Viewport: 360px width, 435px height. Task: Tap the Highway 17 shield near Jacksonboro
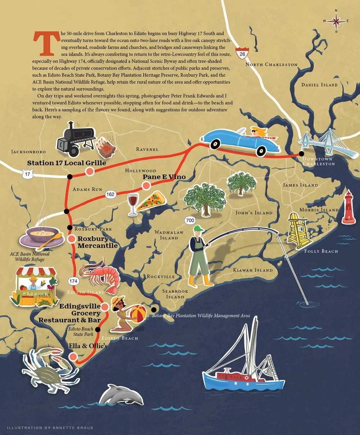(27, 175)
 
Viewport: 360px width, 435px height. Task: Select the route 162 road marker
(111, 195)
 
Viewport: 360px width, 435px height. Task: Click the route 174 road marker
(73, 281)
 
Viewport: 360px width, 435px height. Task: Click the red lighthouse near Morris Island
(348, 207)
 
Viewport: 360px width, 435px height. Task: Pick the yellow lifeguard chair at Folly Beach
(299, 231)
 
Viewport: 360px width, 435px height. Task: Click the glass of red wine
(133, 204)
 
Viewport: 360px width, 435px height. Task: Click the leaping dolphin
(121, 395)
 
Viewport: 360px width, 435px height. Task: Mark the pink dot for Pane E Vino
(146, 185)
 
